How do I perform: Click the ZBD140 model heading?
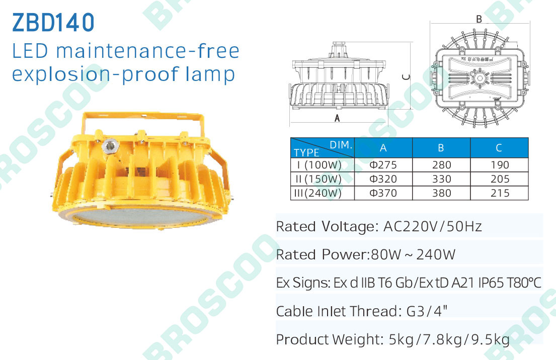click(x=53, y=22)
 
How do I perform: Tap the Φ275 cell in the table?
click(x=383, y=165)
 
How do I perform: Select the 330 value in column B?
click(x=441, y=179)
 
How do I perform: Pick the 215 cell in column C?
click(x=500, y=193)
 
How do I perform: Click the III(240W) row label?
click(x=317, y=193)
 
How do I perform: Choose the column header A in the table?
click(x=383, y=148)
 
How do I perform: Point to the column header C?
click(x=499, y=148)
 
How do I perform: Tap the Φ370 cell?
click(x=383, y=193)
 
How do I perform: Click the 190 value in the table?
click(x=500, y=165)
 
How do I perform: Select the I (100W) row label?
click(x=319, y=165)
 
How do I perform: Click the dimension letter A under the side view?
click(x=337, y=118)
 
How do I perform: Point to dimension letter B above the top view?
click(x=479, y=19)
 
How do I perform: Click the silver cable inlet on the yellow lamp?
click(x=110, y=145)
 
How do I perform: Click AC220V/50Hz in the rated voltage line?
click(x=433, y=226)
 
